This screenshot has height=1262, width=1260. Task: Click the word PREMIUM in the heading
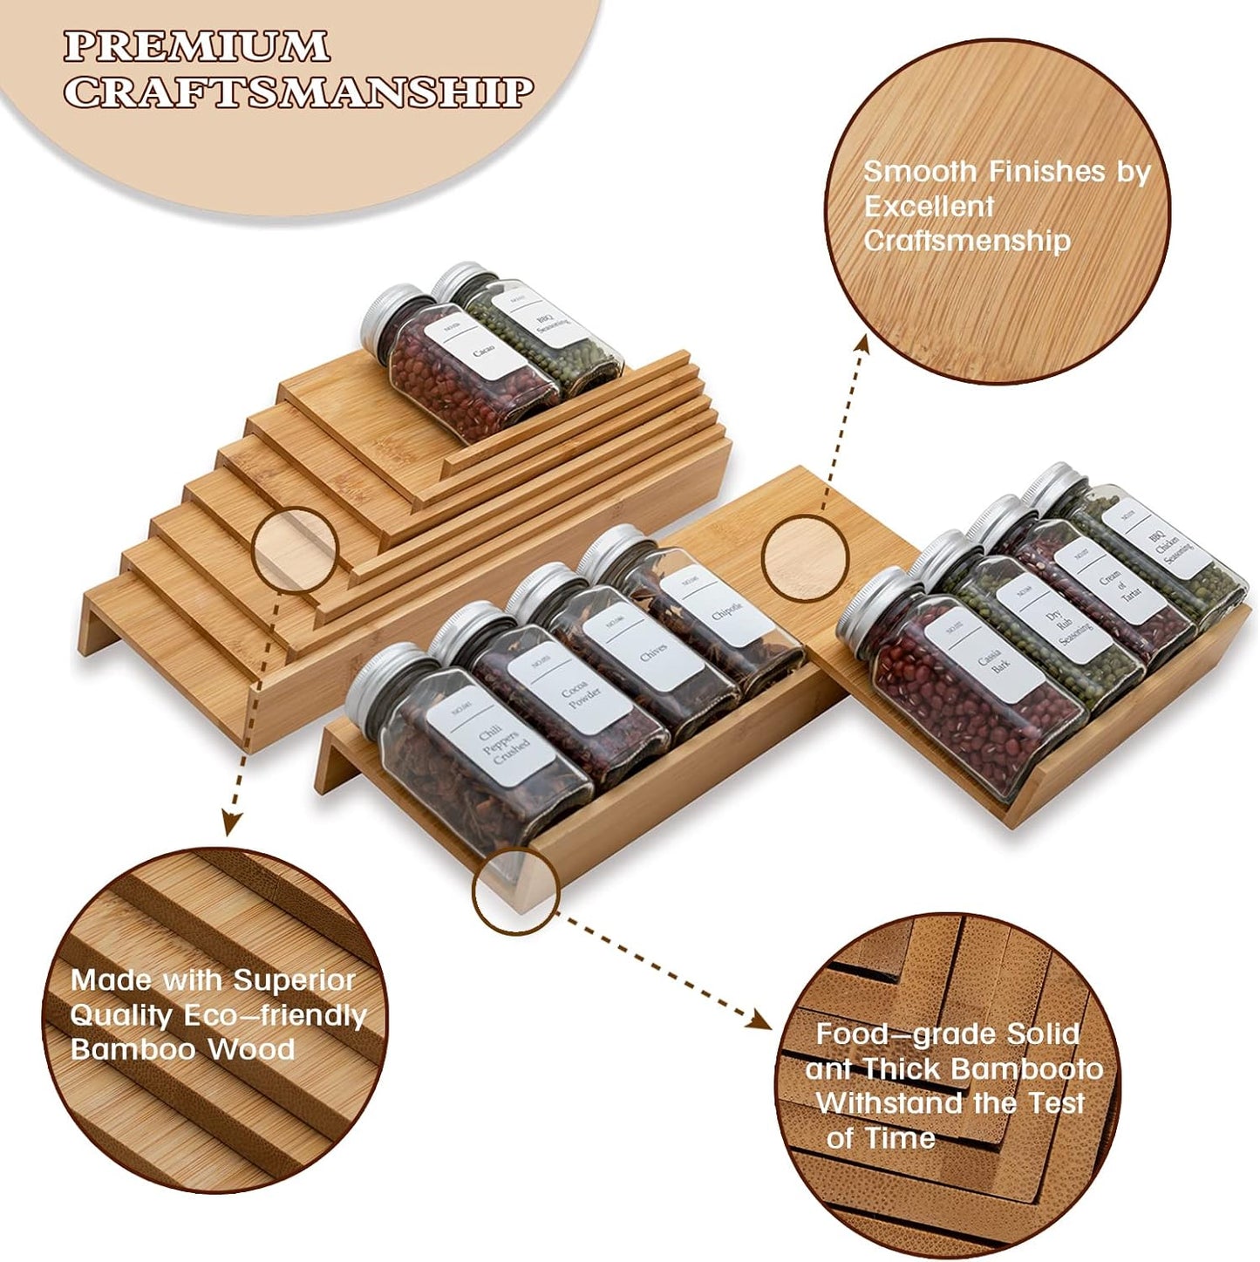point(197,46)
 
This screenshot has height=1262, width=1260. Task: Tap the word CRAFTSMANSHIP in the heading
point(298,92)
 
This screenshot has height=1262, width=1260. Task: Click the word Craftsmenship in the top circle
point(967,242)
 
